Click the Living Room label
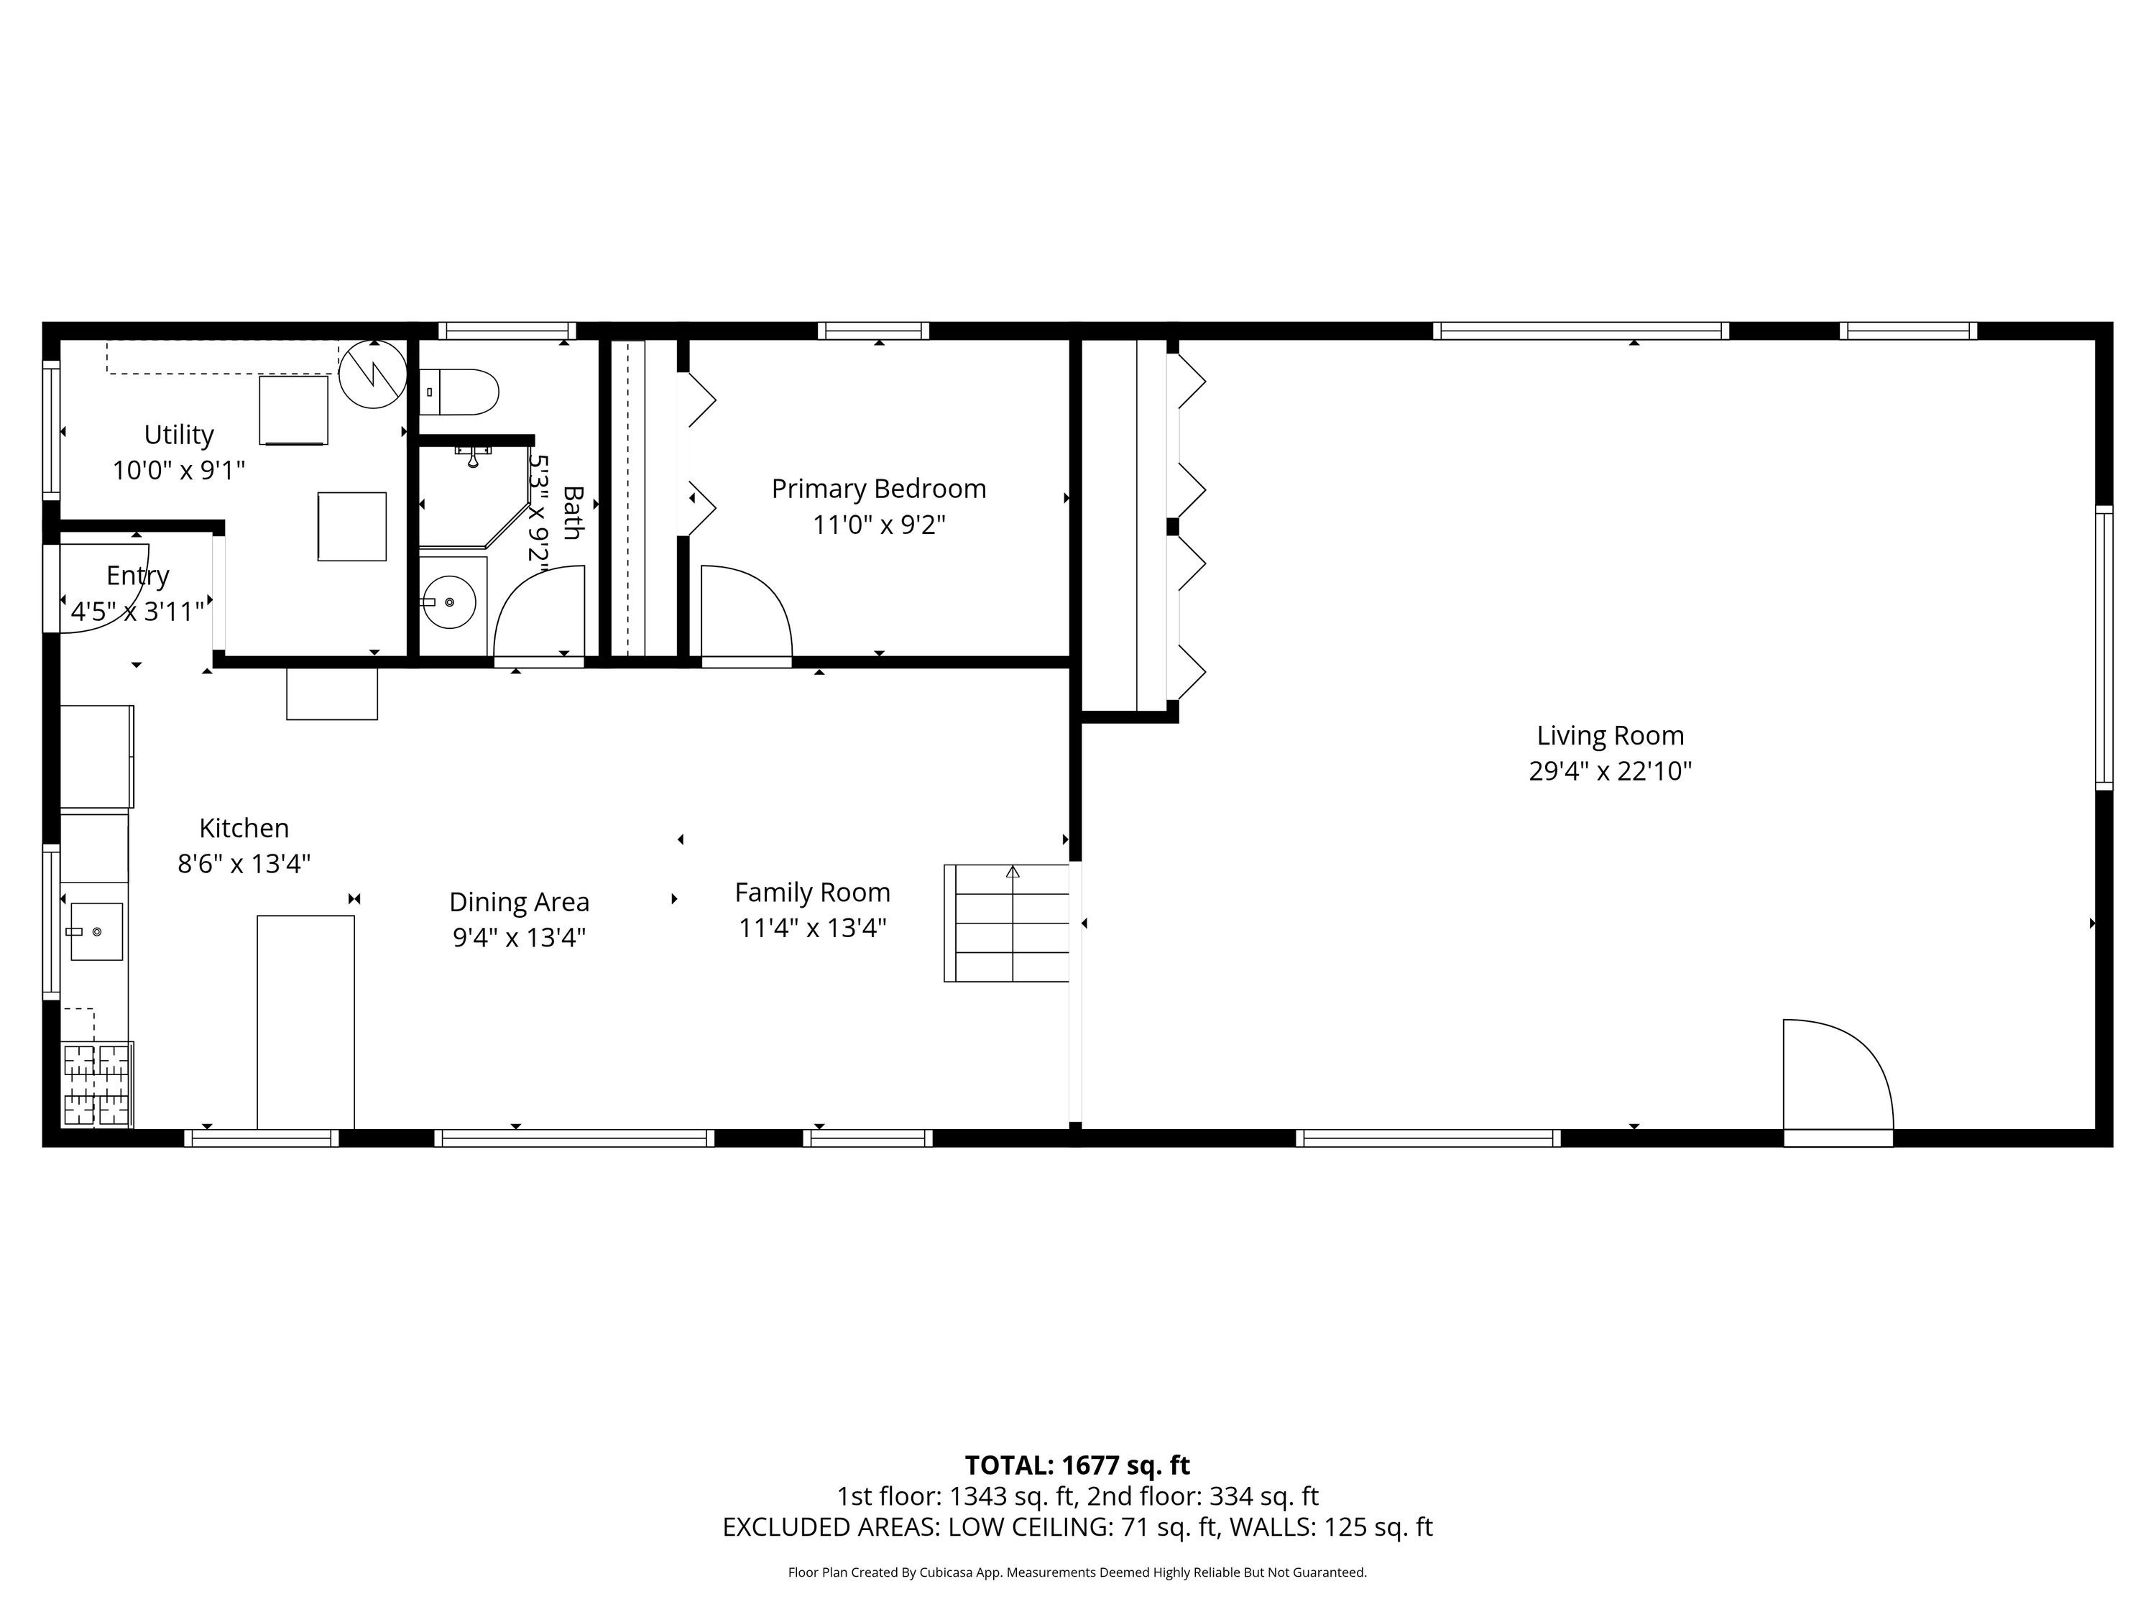coord(1611,736)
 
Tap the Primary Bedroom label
coord(879,489)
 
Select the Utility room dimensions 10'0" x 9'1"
coord(178,471)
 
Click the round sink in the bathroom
coord(448,602)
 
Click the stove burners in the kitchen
coord(96,1084)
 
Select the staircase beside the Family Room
coord(1007,922)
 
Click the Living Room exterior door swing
coord(1838,1075)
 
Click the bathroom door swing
coord(539,611)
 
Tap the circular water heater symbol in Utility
coord(373,373)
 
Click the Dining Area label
coord(520,902)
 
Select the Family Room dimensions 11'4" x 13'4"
coord(813,928)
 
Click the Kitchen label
coord(244,829)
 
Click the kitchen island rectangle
coord(305,1021)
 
